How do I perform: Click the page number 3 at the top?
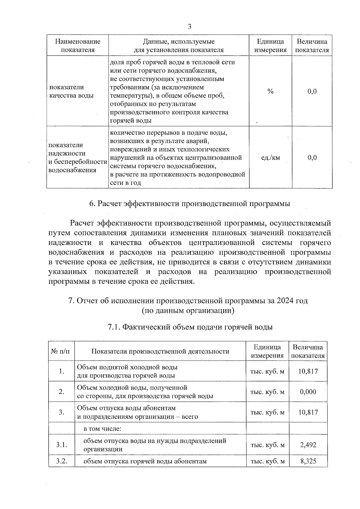(x=190, y=27)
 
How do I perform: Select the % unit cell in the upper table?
(x=270, y=91)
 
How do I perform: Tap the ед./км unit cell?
(x=270, y=158)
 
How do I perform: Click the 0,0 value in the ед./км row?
(x=312, y=158)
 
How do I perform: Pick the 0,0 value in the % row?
(x=312, y=91)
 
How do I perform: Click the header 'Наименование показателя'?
(x=78, y=46)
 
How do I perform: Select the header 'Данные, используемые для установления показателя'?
(x=178, y=46)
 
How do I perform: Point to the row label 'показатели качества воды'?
(x=71, y=91)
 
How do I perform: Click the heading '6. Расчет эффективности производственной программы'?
(x=190, y=204)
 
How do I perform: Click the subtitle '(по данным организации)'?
(x=188, y=310)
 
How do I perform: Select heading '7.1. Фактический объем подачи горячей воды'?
(x=190, y=327)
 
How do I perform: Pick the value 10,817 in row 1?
(x=308, y=371)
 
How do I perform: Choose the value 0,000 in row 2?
(x=308, y=392)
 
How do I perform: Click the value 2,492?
(x=308, y=445)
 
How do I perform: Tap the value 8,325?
(x=308, y=461)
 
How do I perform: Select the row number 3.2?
(x=61, y=461)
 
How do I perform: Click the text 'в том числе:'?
(x=102, y=429)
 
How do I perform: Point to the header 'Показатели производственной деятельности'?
(x=160, y=351)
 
